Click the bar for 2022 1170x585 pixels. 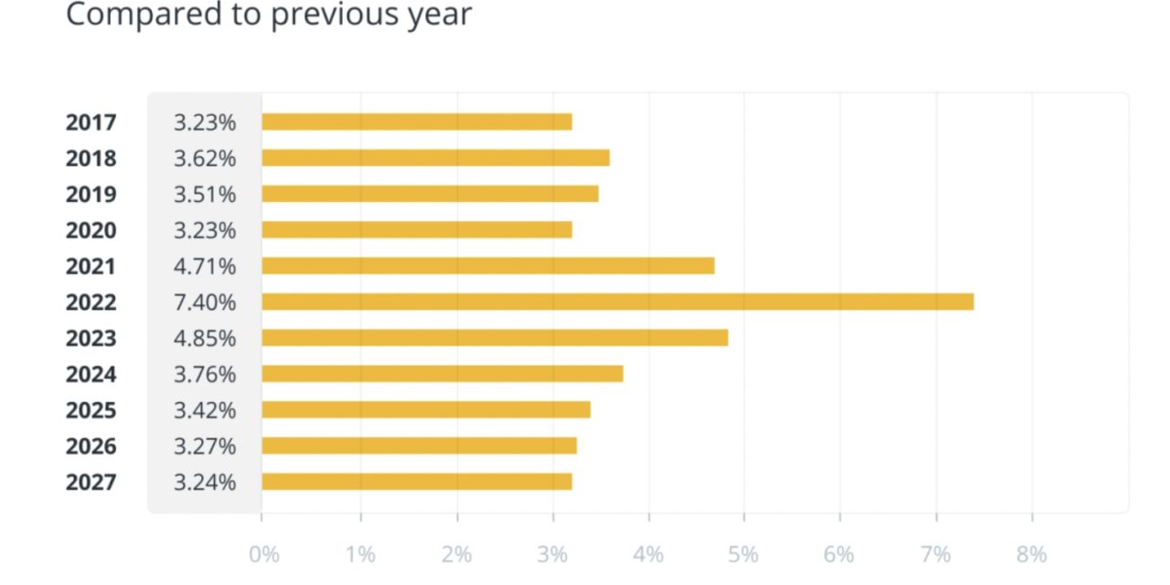[x=617, y=302]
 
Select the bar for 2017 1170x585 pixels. [x=417, y=122]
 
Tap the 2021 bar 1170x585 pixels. [x=488, y=266]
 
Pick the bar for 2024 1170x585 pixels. [x=442, y=374]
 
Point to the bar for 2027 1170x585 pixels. [x=417, y=482]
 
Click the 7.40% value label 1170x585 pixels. [x=205, y=303]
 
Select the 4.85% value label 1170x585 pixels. [x=205, y=338]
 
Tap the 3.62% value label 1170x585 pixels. [x=205, y=158]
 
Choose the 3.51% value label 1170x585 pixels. [x=205, y=195]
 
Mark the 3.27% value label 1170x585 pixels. [x=205, y=446]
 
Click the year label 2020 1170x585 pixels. [x=91, y=230]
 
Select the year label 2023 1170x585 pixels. [x=91, y=338]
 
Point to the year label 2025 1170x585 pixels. [x=91, y=410]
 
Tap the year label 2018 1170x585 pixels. [x=91, y=158]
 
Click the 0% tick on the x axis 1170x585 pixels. [x=264, y=554]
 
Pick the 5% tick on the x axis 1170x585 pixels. [x=743, y=554]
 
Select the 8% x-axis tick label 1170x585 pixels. [x=1031, y=554]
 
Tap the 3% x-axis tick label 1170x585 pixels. [x=551, y=554]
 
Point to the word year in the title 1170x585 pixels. [x=441, y=15]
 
